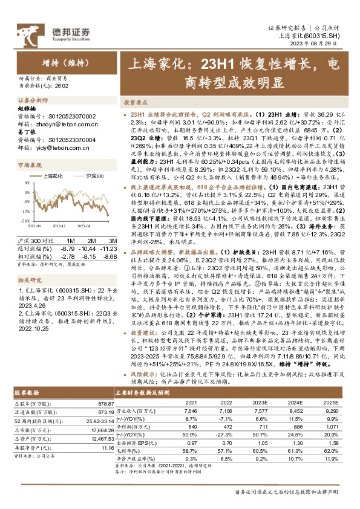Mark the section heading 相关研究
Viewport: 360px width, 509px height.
point(30,264)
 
